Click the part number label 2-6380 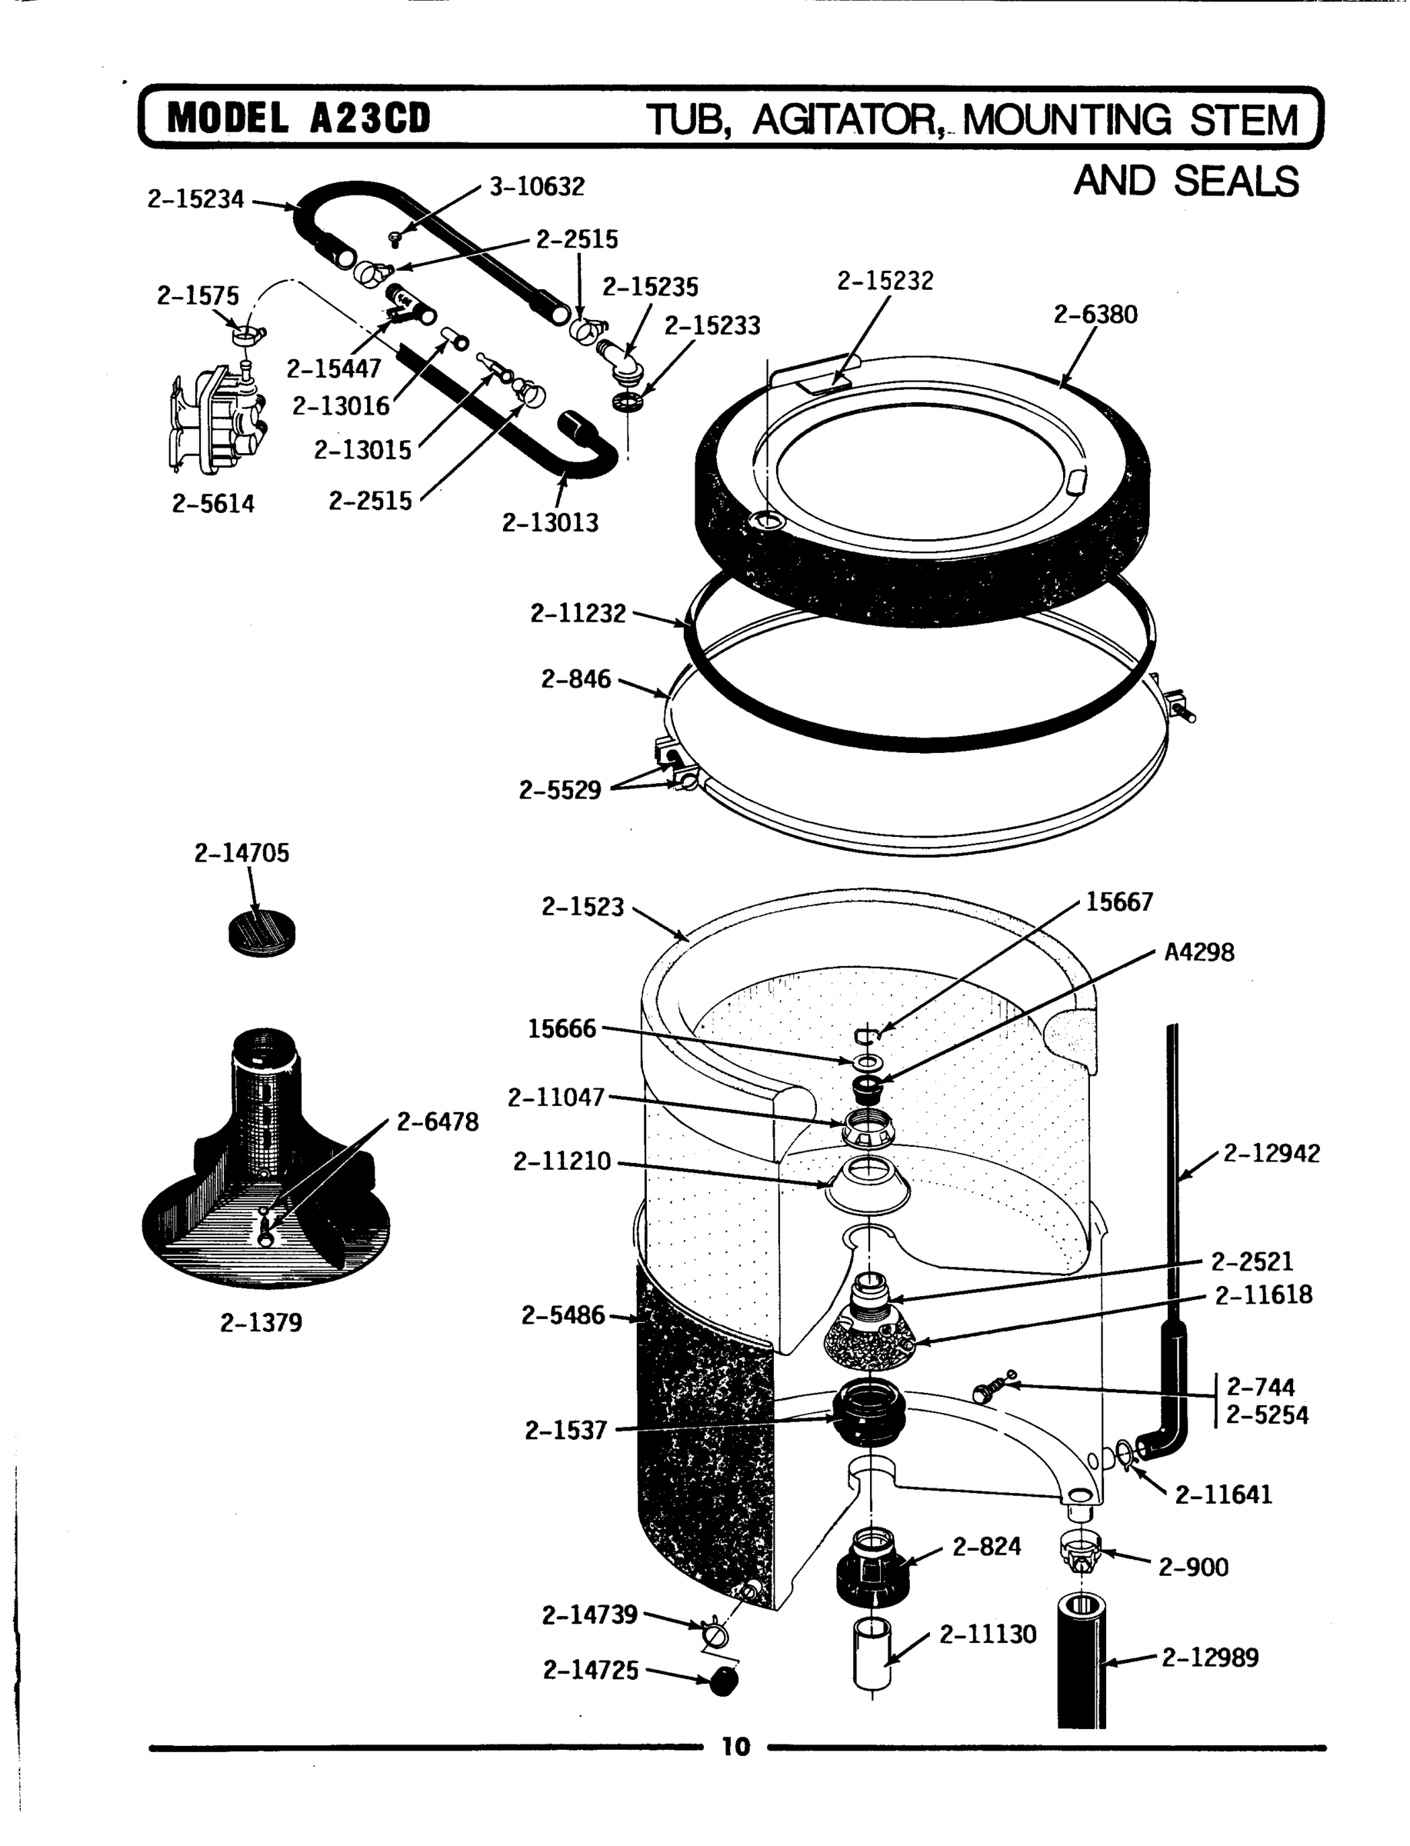pyautogui.click(x=1095, y=315)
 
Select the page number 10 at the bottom pyautogui.click(x=735, y=1748)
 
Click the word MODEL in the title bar pyautogui.click(x=228, y=118)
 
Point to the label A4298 pyautogui.click(x=1198, y=952)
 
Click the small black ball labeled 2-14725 pyautogui.click(x=724, y=1681)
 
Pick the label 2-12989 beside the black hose pyautogui.click(x=1209, y=1658)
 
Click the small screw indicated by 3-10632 pyautogui.click(x=397, y=239)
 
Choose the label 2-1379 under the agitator pyautogui.click(x=261, y=1323)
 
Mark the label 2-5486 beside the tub pyautogui.click(x=562, y=1316)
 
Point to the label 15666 pyautogui.click(x=562, y=1028)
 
